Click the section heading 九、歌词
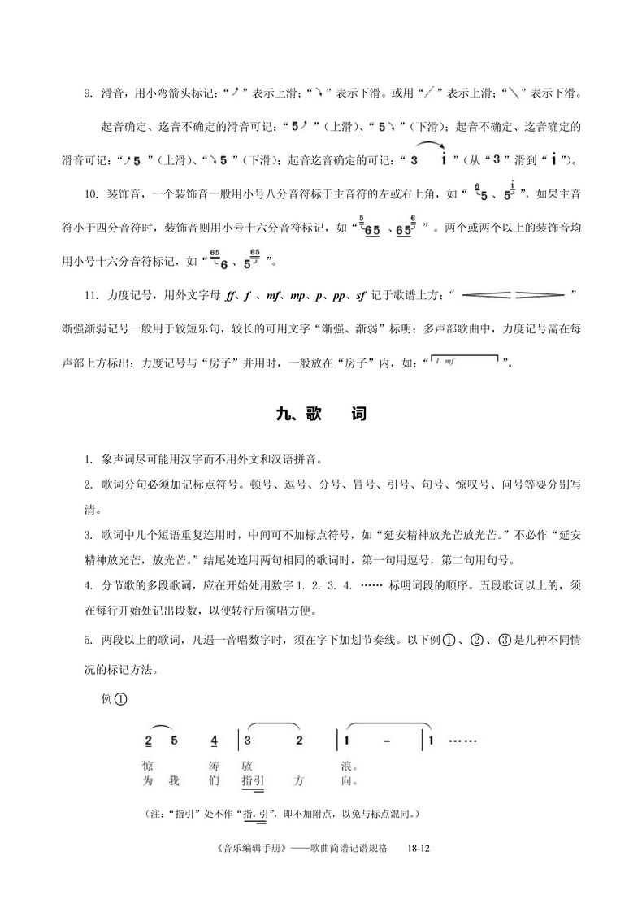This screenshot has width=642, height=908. coord(321,415)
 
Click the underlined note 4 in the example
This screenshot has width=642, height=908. coord(214,742)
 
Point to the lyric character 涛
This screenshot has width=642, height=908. coord(214,767)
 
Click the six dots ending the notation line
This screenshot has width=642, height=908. coord(462,741)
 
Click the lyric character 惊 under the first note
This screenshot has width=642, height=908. coord(148,767)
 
